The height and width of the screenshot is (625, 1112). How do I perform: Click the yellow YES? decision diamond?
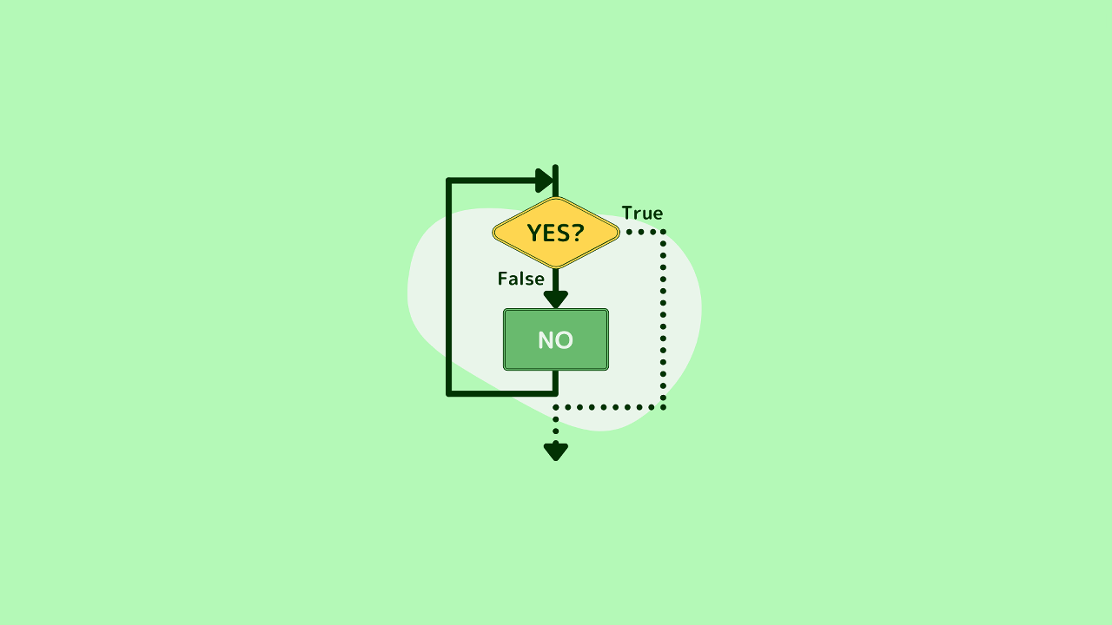[x=556, y=233]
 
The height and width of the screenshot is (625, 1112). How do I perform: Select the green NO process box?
[x=556, y=339]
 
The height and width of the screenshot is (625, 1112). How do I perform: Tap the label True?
[x=642, y=214]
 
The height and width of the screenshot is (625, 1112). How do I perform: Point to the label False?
[x=520, y=279]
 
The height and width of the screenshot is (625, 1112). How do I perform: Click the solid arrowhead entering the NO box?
[x=556, y=299]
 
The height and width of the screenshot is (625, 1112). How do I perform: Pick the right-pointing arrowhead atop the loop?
[x=545, y=181]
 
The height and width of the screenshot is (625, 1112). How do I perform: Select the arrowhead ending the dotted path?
[x=556, y=452]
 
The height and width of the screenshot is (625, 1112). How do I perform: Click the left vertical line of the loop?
[x=449, y=287]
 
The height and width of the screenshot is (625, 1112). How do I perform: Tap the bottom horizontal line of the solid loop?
[x=502, y=394]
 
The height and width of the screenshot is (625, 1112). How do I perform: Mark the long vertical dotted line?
[x=663, y=319]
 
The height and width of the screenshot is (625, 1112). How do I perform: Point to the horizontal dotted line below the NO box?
[x=610, y=407]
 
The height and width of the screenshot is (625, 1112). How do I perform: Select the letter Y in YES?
[x=534, y=234]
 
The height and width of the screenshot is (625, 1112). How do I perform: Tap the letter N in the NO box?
[x=546, y=340]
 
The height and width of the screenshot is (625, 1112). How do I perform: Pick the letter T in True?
[x=628, y=213]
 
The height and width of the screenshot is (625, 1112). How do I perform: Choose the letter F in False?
[x=503, y=279]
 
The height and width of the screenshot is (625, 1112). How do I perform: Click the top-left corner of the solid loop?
[x=449, y=181]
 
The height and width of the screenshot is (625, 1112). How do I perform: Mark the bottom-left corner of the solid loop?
[x=449, y=394]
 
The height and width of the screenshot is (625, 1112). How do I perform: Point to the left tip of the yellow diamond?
[x=493, y=233]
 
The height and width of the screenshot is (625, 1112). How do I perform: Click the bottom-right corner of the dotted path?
[x=663, y=407]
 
